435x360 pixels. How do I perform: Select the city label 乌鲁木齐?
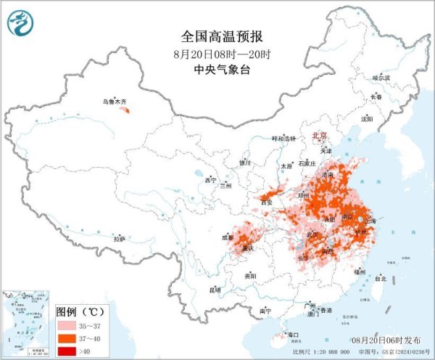point(113,102)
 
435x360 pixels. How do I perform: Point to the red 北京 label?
point(319,135)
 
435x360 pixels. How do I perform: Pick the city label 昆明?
point(214,290)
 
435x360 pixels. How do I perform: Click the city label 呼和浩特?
point(284,139)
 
